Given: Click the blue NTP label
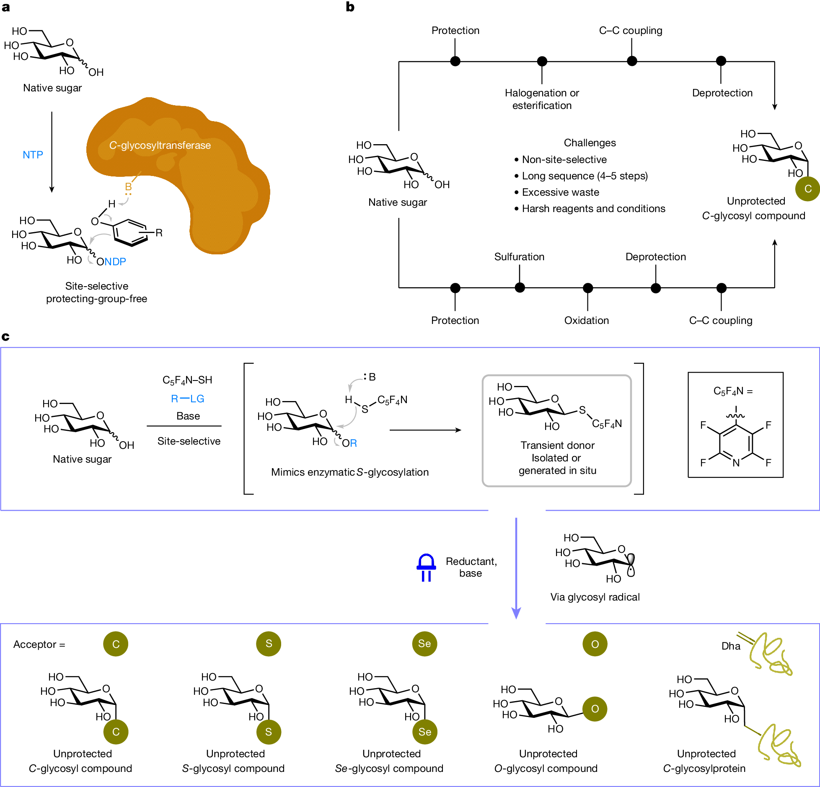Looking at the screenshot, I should coord(33,155).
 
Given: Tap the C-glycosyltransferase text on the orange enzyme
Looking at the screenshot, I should coord(160,145).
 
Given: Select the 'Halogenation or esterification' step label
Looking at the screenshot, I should coord(542,99).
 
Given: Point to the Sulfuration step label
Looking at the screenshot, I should coord(519,256).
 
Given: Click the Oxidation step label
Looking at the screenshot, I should coord(586,320).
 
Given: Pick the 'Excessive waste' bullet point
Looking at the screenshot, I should coord(560,192).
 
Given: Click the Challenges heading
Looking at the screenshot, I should coord(590,142).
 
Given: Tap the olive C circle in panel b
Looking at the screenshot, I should coord(807,189).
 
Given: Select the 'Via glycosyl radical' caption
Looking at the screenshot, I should coord(595,597).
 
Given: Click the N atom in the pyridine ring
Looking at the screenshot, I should coord(736,463).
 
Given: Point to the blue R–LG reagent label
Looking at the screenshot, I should coord(187,399).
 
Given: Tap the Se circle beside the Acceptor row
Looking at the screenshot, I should coord(424,644).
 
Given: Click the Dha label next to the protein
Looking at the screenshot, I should coord(730,646).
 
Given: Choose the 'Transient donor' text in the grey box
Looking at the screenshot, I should coord(557,445).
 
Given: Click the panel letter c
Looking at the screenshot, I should coord(5,337).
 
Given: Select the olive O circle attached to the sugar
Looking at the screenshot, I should coord(595,709).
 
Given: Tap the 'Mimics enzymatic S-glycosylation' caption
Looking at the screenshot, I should coord(349,472).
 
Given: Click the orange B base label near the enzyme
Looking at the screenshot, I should coord(128,186).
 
